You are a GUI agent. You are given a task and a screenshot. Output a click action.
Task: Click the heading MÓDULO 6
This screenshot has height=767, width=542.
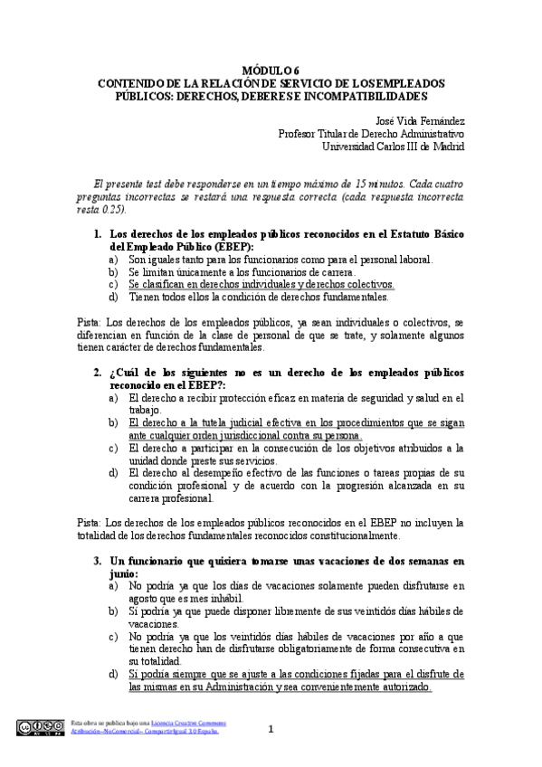coord(271,70)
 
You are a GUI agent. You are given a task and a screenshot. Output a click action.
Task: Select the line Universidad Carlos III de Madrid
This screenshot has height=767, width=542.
coord(394,146)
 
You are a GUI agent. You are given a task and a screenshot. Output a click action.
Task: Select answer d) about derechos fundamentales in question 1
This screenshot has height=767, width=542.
coord(259,296)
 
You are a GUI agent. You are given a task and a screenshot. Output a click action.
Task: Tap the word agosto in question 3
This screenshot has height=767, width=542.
coord(147,599)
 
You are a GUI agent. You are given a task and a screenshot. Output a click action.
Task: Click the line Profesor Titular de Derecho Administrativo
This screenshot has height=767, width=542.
coord(371,133)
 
